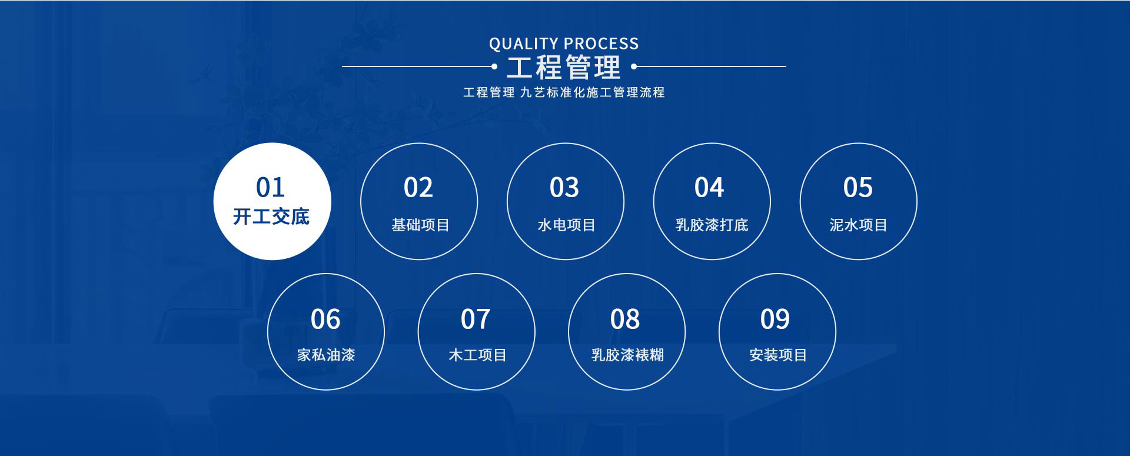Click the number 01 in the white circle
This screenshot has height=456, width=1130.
[271, 188]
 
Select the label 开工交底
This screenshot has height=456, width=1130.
[271, 217]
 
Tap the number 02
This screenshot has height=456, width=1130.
[418, 188]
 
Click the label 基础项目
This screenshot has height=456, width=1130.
[420, 225]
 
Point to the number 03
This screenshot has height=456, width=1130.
[564, 188]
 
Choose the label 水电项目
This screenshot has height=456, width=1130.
[566, 225]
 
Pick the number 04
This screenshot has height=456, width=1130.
[709, 188]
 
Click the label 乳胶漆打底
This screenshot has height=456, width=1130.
[712, 225]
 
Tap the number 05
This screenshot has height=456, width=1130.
[858, 188]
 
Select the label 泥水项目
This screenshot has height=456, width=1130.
[858, 225]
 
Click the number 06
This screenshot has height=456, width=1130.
[325, 319]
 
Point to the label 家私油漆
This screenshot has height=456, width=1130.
[326, 355]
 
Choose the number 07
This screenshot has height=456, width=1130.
[476, 319]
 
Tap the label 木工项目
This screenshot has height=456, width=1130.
[477, 355]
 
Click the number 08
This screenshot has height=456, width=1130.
[625, 319]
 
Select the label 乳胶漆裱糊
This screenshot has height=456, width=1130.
[627, 355]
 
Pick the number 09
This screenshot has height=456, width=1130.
[775, 319]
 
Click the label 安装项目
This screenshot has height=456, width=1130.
[777, 355]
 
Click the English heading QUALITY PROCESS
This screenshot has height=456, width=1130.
[564, 44]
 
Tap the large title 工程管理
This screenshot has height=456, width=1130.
[564, 67]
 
